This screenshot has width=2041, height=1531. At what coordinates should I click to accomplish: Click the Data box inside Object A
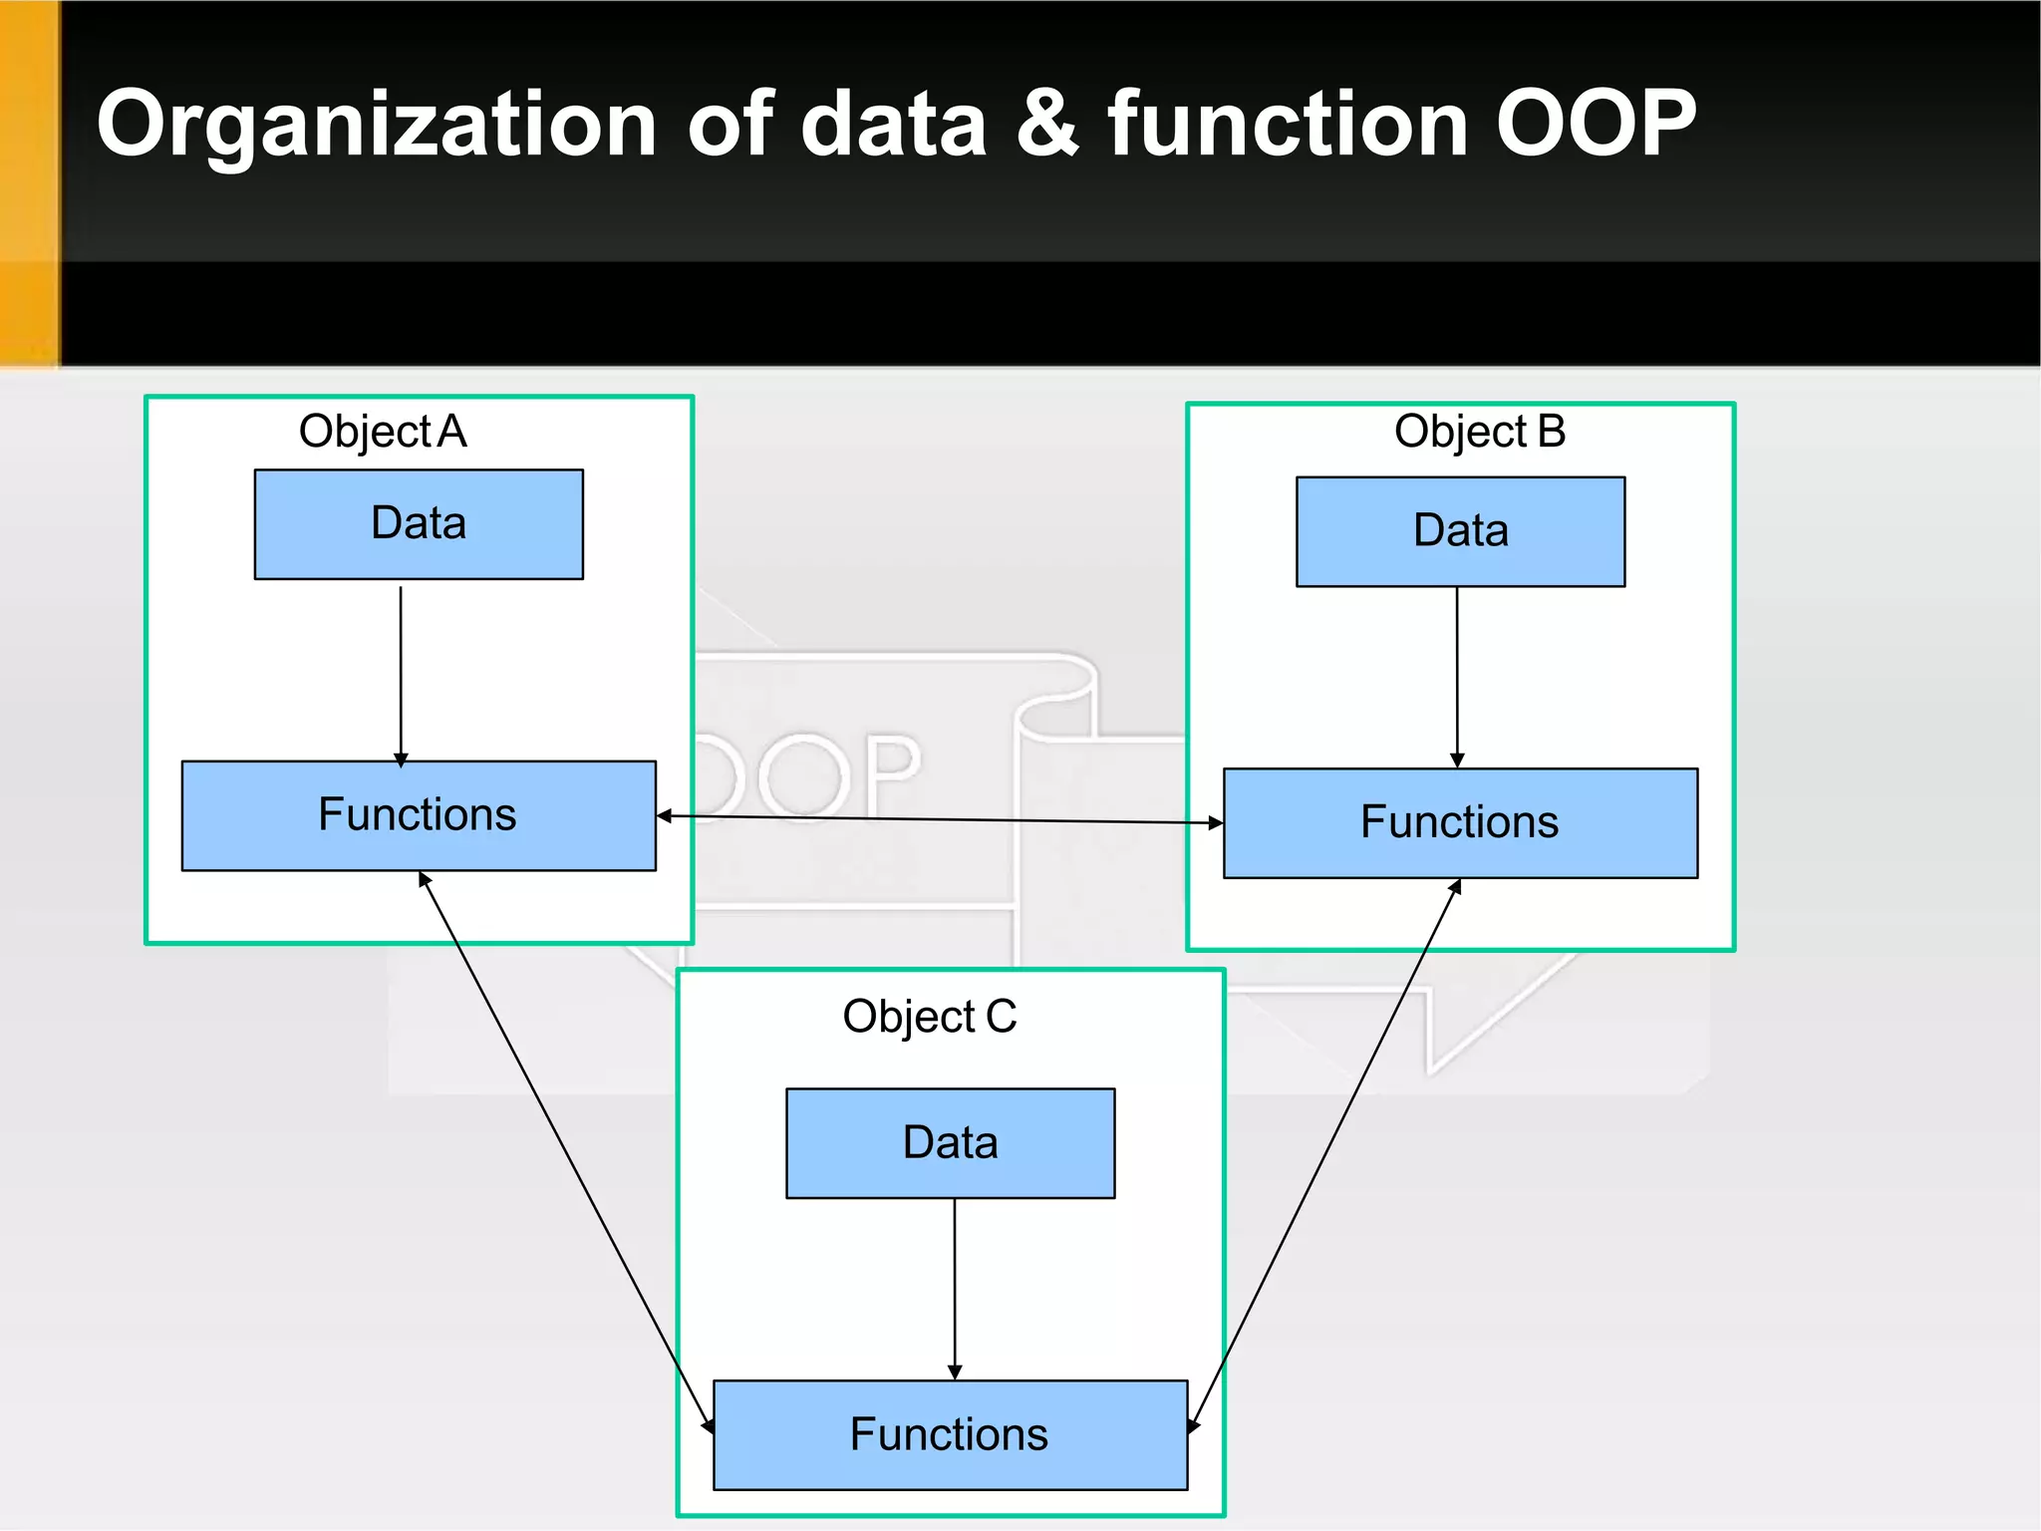(x=419, y=524)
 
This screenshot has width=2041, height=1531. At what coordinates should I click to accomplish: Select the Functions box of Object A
(x=419, y=815)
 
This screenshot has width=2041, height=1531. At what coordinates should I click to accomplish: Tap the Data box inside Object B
(x=1460, y=531)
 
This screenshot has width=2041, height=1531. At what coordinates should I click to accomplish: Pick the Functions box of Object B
(x=1460, y=822)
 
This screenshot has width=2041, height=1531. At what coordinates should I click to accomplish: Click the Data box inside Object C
(x=950, y=1143)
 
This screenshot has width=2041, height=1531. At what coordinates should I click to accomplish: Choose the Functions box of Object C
(x=950, y=1434)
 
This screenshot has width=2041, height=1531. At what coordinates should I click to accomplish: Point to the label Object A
(x=383, y=432)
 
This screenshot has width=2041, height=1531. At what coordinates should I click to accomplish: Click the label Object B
(x=1480, y=432)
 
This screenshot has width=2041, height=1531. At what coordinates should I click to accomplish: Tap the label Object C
(x=930, y=1017)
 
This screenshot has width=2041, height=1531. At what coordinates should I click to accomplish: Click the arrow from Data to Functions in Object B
(x=1457, y=678)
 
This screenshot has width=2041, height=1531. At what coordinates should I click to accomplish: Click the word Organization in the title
(x=377, y=125)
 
